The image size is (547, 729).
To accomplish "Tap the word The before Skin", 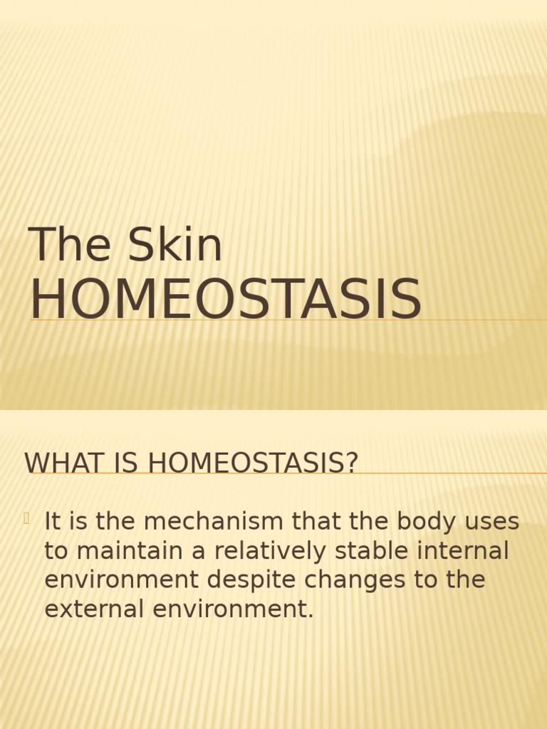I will click(x=69, y=245).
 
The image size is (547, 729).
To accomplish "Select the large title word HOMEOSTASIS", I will click(x=226, y=300).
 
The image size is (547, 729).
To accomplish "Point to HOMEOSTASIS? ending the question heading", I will click(x=253, y=463).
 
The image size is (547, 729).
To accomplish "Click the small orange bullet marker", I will click(x=26, y=519).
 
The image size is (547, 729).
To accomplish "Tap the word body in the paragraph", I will click(x=424, y=522).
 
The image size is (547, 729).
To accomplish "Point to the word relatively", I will click(x=273, y=551).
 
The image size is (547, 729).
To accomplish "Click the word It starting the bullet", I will click(x=52, y=522).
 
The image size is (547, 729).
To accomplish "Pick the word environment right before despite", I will click(x=122, y=580).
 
